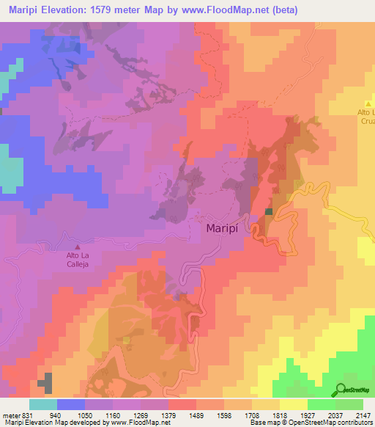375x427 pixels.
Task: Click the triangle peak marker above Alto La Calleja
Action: coord(78,247)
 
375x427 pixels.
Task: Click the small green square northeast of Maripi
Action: coord(269,212)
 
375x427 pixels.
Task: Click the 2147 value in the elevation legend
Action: coord(363,414)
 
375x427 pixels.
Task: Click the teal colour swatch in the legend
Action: coord(43,404)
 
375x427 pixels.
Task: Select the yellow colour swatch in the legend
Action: coord(294,404)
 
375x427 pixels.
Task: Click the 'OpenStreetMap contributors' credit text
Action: coord(327,423)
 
